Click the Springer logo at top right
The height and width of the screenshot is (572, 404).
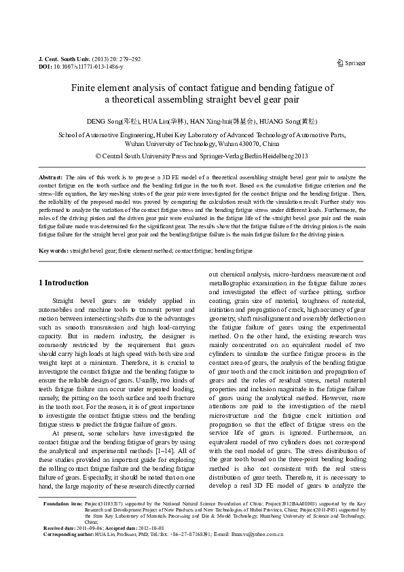[351, 63]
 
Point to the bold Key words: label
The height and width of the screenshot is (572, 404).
[54, 251]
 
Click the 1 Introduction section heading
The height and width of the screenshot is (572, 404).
[63, 283]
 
